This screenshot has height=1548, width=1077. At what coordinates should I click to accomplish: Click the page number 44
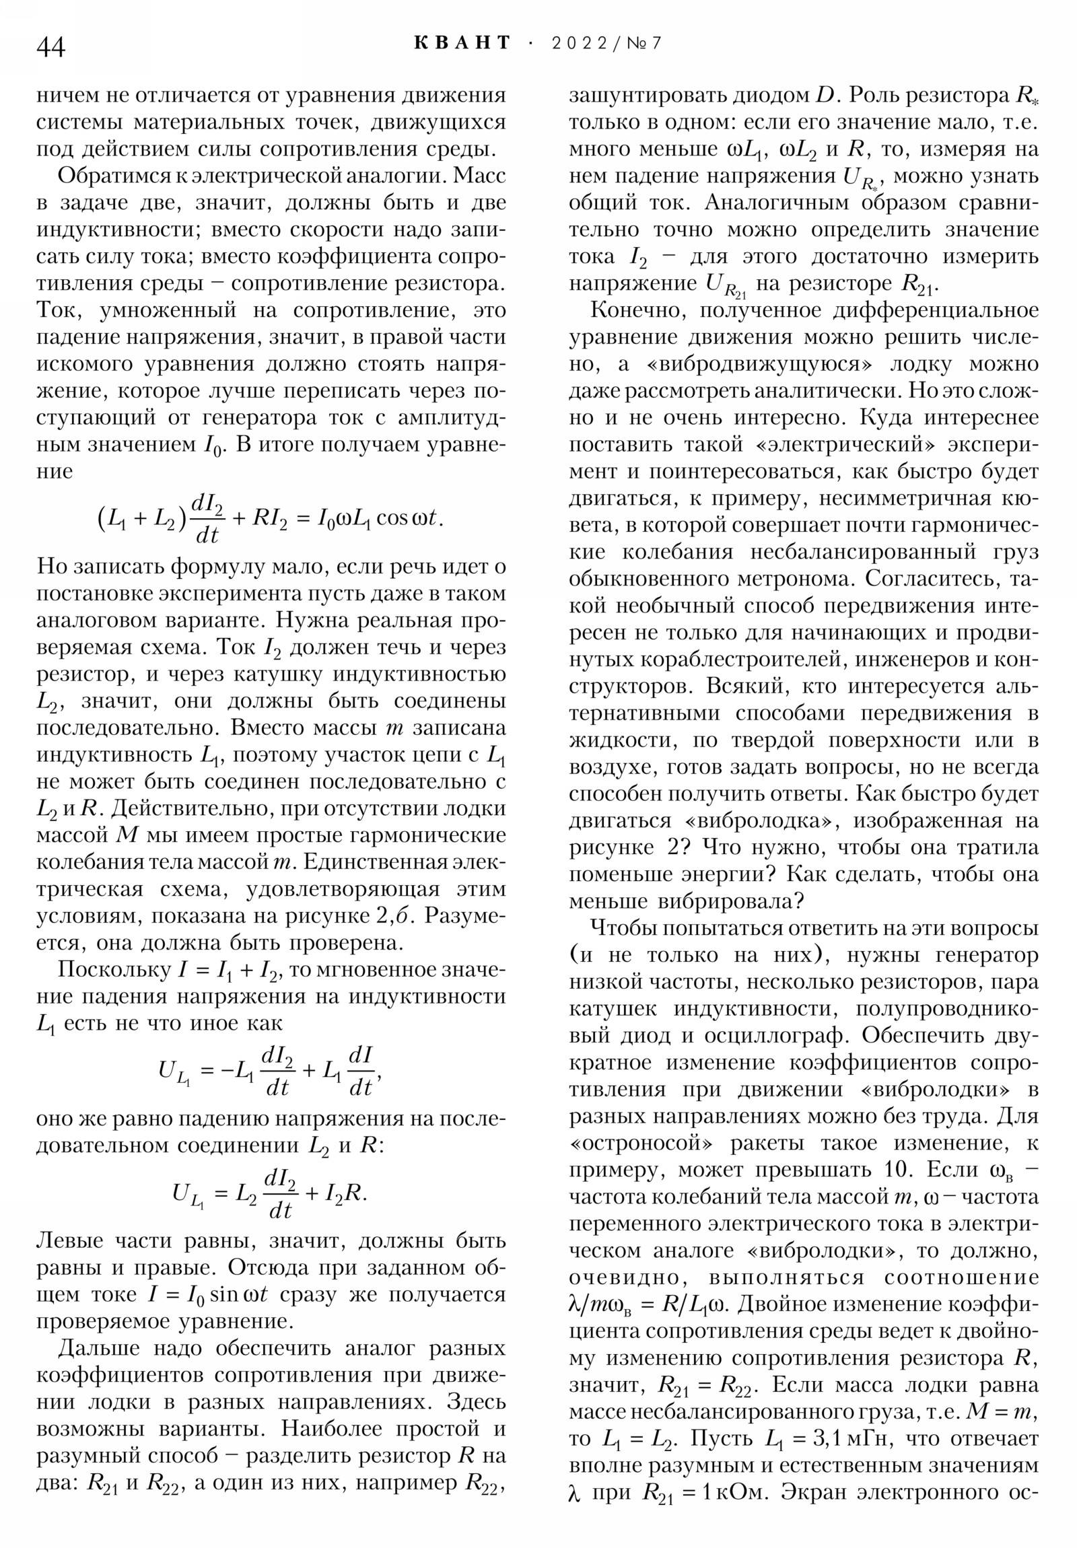[51, 48]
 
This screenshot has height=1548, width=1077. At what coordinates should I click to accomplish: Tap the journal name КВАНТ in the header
[462, 43]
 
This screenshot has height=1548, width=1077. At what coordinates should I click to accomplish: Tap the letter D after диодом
[826, 96]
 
